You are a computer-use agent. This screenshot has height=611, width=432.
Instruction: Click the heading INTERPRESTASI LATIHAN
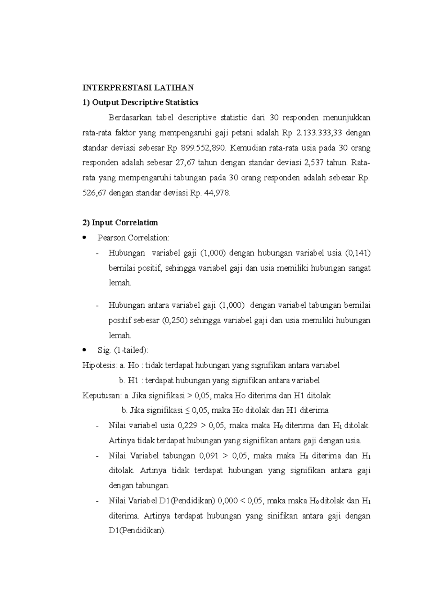(138, 87)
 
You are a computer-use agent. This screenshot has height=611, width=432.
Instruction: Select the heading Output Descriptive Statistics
(140, 103)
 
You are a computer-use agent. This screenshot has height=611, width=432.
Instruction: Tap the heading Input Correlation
(120, 223)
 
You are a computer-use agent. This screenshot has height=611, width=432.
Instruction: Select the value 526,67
(94, 193)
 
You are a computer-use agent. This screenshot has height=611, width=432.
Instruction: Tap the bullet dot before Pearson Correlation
(85, 237)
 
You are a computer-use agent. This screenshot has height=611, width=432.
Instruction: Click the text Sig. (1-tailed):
(123, 350)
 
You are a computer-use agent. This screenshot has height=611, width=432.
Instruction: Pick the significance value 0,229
(188, 426)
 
